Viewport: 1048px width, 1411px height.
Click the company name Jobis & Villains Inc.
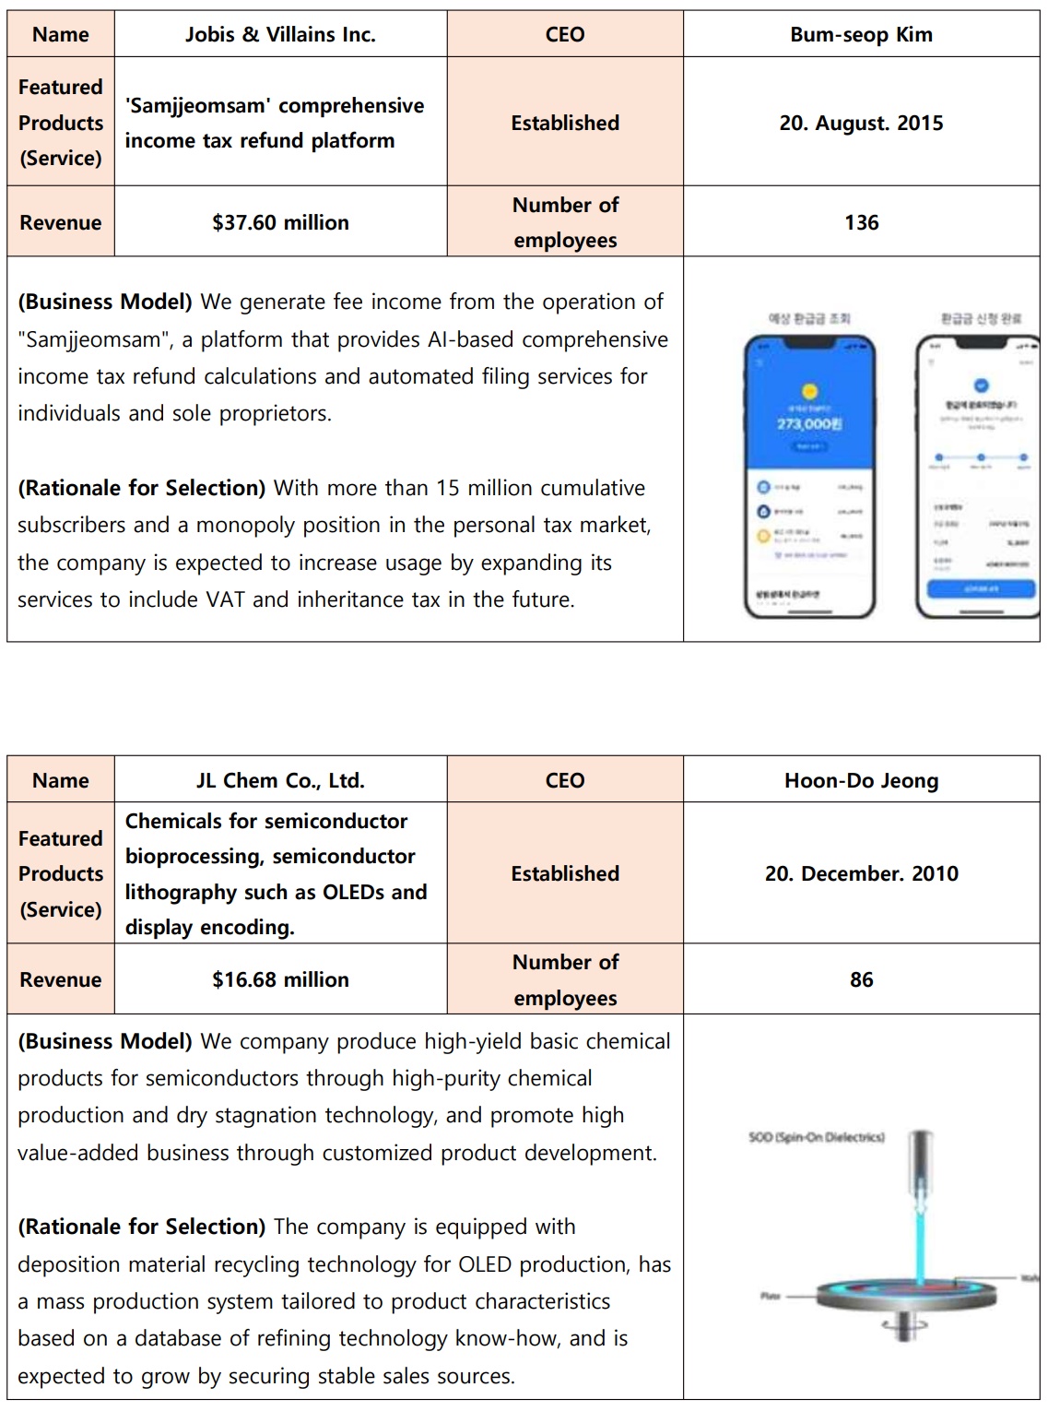click(x=280, y=35)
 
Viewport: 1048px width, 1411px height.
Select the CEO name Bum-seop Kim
click(x=861, y=35)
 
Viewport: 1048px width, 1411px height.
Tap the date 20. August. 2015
click(x=861, y=123)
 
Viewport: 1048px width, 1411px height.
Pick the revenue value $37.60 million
click(x=280, y=222)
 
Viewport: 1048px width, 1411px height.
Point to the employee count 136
click(x=861, y=222)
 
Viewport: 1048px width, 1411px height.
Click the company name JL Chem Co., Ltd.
click(x=280, y=780)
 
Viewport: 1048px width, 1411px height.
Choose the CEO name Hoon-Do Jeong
click(x=861, y=780)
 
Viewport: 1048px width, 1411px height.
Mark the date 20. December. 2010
click(x=861, y=873)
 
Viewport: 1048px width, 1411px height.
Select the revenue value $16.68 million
click(x=280, y=979)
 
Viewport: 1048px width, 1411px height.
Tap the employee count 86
click(x=861, y=979)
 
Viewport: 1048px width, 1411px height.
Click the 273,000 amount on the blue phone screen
click(x=808, y=423)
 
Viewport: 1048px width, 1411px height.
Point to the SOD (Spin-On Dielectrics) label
click(x=816, y=1137)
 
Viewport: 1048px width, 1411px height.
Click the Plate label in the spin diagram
click(x=771, y=1296)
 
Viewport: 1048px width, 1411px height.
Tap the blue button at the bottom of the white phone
click(x=980, y=588)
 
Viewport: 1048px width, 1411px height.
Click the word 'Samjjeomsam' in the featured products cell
click(x=198, y=106)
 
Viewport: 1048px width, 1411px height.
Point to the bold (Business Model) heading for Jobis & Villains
click(x=105, y=302)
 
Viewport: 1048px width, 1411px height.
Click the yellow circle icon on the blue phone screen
click(x=808, y=390)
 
